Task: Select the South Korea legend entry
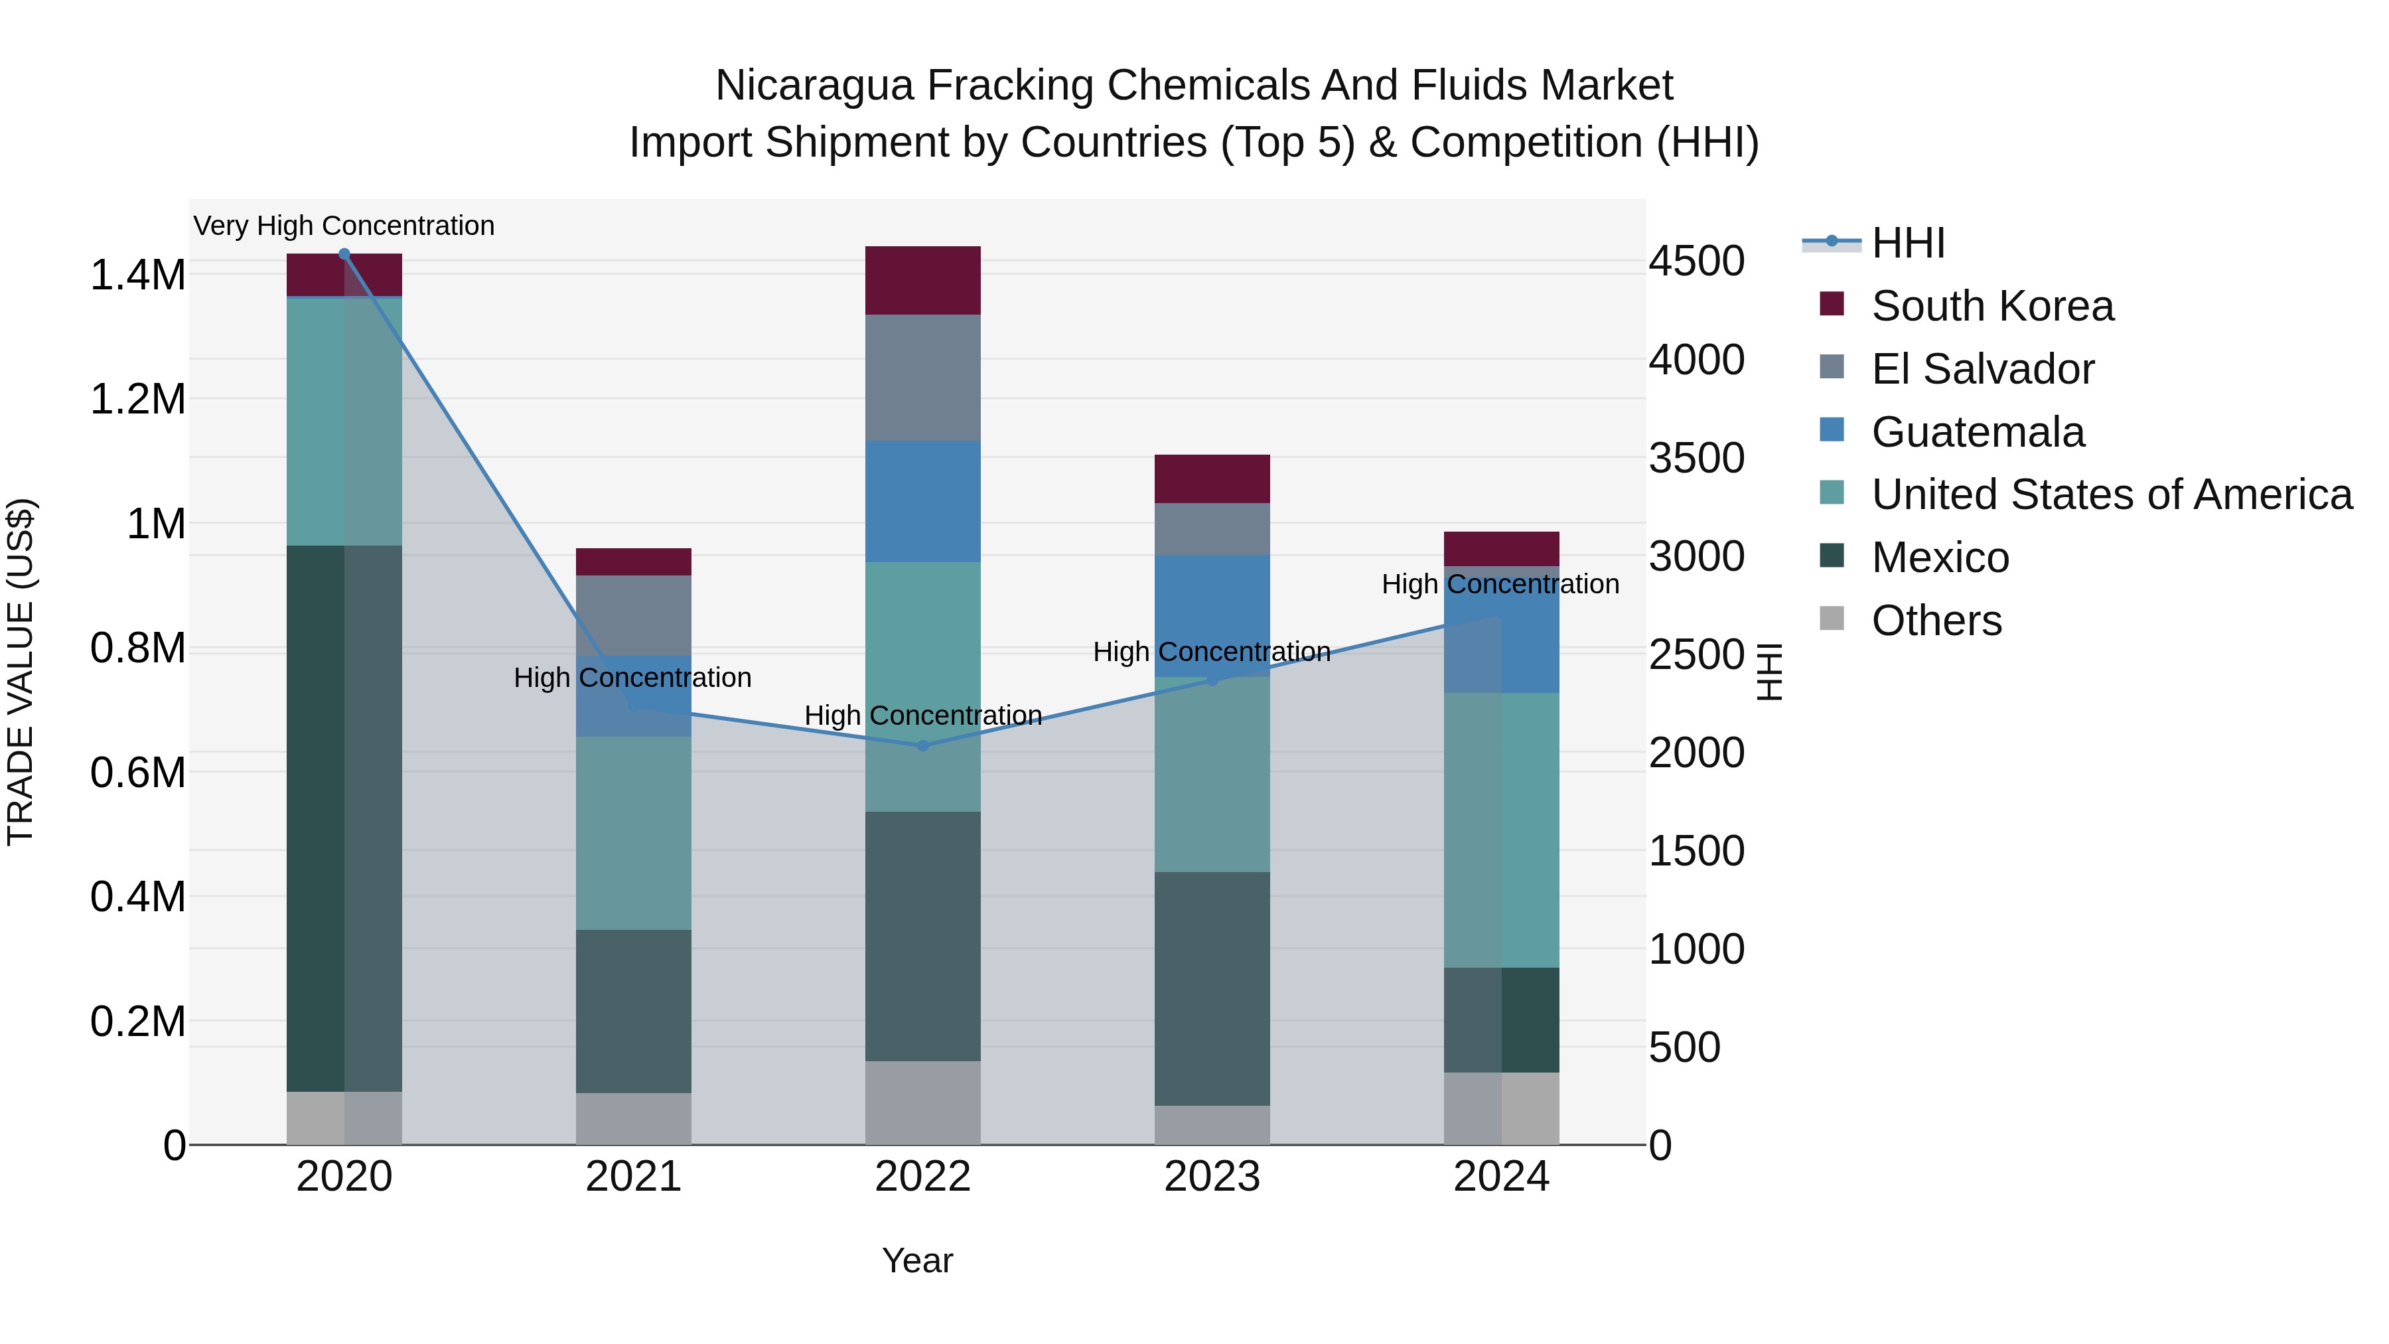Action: (1992, 306)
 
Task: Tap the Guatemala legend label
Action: (1978, 432)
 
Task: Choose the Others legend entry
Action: (1936, 621)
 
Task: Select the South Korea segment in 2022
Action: (923, 280)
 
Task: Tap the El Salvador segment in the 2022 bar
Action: (923, 378)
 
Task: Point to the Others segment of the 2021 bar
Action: (634, 1118)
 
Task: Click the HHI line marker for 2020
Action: (344, 254)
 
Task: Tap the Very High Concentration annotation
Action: (344, 226)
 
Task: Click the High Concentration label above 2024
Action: (1500, 584)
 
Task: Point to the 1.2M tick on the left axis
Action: (137, 400)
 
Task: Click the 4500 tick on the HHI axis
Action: (1696, 261)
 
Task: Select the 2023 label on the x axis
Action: (1212, 1177)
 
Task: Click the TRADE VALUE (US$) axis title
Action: (21, 672)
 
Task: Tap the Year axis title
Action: (917, 1260)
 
